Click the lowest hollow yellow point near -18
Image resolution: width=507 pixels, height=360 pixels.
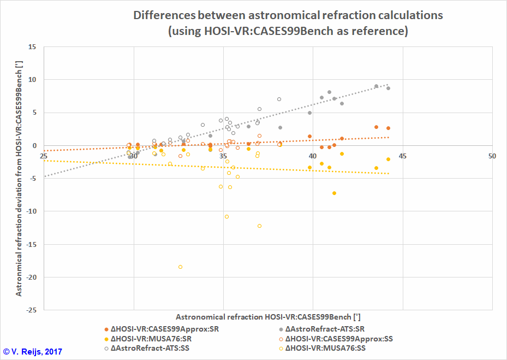pyautogui.click(x=180, y=267)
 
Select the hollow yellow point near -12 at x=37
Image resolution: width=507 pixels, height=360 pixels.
pyautogui.click(x=259, y=226)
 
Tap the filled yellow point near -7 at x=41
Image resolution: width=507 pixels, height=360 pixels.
pyautogui.click(x=334, y=193)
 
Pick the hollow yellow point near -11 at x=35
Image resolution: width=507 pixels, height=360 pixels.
pyautogui.click(x=226, y=216)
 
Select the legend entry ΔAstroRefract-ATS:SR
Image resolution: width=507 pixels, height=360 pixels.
pyautogui.click(x=325, y=329)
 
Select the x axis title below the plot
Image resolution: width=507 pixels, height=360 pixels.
pyautogui.click(x=267, y=317)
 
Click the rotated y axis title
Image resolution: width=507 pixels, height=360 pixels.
pyautogui.click(x=19, y=178)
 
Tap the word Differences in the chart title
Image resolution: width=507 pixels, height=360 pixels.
pyautogui.click(x=168, y=15)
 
